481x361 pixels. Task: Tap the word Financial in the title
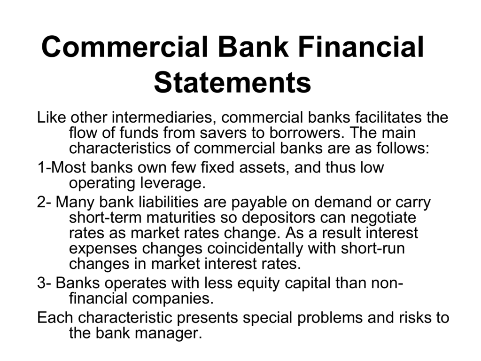tap(361, 47)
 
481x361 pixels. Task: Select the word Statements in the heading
tap(233, 82)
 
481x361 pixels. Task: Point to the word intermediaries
tap(166, 117)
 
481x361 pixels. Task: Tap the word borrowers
tap(307, 133)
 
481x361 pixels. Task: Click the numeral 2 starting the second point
tap(42, 202)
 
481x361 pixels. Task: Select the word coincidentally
tap(255, 249)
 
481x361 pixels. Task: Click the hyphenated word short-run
tap(372, 249)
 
